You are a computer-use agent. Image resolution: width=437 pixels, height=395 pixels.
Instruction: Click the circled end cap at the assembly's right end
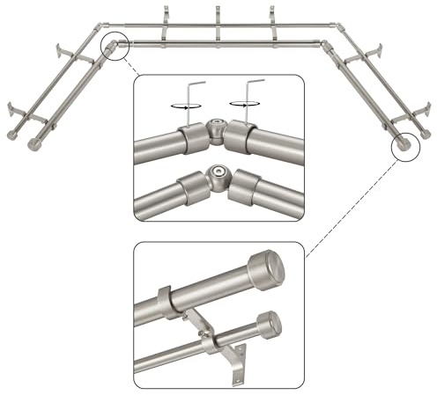(x=404, y=144)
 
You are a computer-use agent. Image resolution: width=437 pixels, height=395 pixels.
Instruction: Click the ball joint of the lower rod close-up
(x=215, y=178)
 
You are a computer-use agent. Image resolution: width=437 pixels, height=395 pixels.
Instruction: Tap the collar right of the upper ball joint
(x=244, y=136)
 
